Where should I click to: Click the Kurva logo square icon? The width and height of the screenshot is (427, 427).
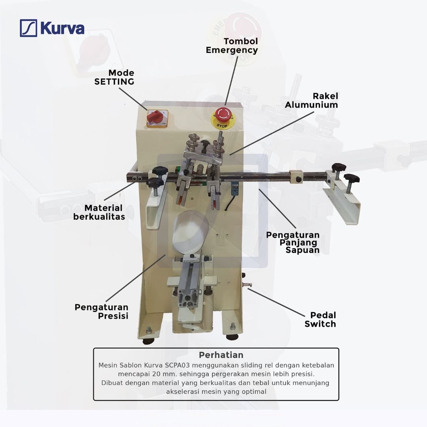click(x=28, y=28)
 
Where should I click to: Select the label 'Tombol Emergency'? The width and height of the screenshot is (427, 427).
click(x=232, y=46)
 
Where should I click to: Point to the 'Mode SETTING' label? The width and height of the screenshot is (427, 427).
click(x=114, y=77)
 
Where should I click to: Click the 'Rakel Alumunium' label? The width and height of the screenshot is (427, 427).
click(x=312, y=100)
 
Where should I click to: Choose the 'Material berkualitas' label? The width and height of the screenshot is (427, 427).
click(x=99, y=212)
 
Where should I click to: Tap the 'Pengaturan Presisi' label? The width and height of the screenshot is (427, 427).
click(x=102, y=312)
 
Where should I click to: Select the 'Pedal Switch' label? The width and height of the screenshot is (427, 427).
click(x=320, y=319)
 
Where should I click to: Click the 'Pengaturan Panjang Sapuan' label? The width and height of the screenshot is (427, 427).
click(x=293, y=242)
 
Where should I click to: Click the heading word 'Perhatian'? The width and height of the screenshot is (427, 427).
click(x=221, y=355)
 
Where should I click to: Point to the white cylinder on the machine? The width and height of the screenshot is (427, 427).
click(x=190, y=232)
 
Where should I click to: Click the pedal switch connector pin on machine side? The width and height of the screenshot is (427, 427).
click(x=247, y=285)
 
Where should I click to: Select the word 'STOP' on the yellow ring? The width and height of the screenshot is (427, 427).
click(x=222, y=126)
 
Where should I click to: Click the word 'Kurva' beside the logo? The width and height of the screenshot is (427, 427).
click(x=62, y=28)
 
